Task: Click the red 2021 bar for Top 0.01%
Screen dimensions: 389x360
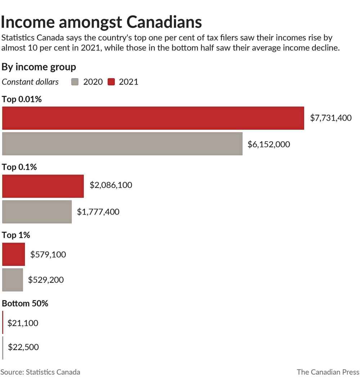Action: [x=153, y=118]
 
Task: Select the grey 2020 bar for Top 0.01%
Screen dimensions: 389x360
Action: [x=122, y=144]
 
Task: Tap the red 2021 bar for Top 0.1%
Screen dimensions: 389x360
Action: [x=43, y=186]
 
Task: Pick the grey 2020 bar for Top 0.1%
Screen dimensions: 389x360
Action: [x=37, y=212]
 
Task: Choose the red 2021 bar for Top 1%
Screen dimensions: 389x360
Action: [x=13, y=254]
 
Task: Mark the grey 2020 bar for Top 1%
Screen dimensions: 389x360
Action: [x=13, y=280]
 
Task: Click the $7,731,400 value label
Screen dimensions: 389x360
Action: [x=330, y=118]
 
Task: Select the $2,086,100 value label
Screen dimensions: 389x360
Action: [x=111, y=185]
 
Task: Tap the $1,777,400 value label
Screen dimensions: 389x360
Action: [x=98, y=212]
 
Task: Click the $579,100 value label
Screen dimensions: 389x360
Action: [x=48, y=254]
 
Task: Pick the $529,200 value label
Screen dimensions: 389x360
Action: [x=46, y=280]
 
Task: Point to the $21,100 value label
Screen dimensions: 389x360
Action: [x=23, y=323]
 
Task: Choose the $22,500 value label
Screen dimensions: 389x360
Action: [x=23, y=347]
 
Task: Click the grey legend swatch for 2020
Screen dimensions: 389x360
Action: [x=75, y=82]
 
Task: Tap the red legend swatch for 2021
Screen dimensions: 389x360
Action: [x=111, y=82]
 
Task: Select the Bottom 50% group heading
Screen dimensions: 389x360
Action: [x=25, y=303]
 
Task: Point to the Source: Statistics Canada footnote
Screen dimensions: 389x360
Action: [x=40, y=372]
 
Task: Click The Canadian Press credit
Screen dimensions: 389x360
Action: [x=328, y=372]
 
